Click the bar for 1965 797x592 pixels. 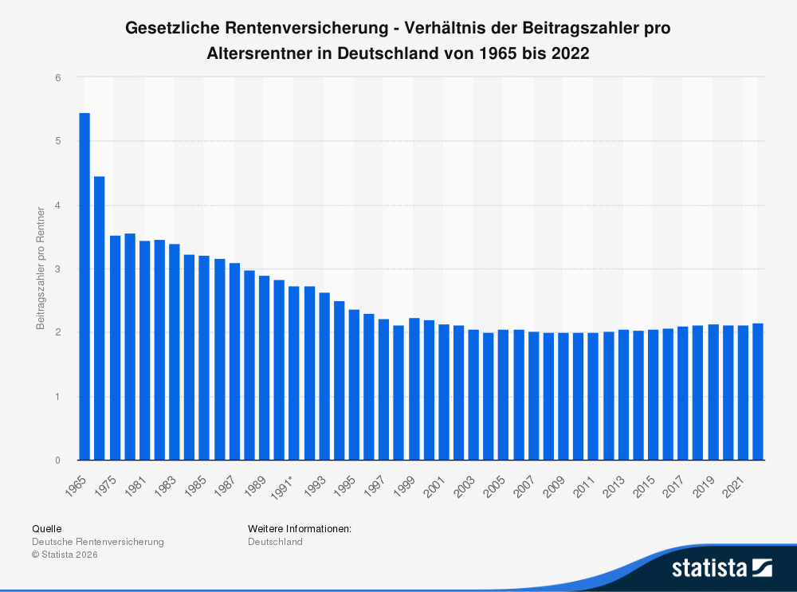pyautogui.click(x=84, y=287)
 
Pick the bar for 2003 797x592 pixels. pyautogui.click(x=473, y=394)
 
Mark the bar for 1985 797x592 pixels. pyautogui.click(x=204, y=358)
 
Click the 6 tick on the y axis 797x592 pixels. pyautogui.click(x=58, y=77)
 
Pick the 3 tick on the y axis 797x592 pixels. pyautogui.click(x=58, y=269)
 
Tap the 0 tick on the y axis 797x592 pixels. pyautogui.click(x=58, y=461)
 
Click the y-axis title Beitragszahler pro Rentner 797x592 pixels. pyautogui.click(x=40, y=269)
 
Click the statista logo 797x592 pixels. pyautogui.click(x=721, y=567)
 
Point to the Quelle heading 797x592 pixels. pyautogui.click(x=46, y=528)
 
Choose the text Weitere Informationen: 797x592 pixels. pyautogui.click(x=300, y=528)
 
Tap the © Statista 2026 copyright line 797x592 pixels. pyautogui.click(x=65, y=555)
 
